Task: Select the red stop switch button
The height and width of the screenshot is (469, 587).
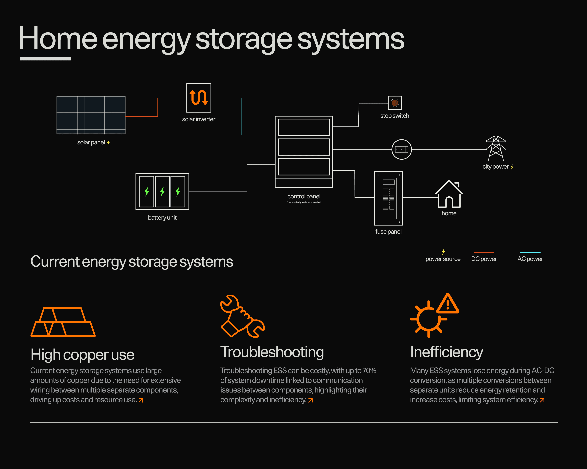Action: pos(395,103)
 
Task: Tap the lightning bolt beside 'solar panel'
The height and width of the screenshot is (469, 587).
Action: pos(108,142)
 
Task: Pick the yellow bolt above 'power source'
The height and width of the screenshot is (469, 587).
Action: pos(443,251)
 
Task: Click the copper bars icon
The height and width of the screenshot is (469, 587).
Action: pos(63,322)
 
